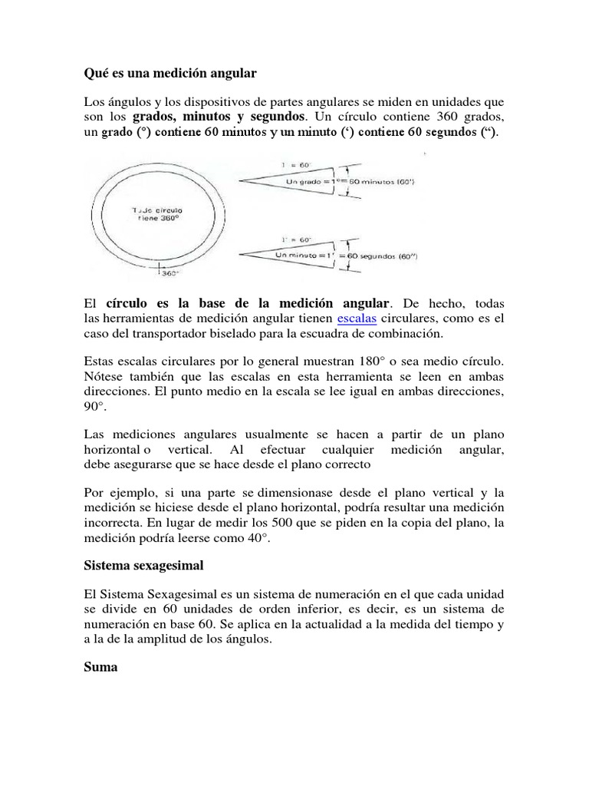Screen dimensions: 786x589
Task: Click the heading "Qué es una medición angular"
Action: click(x=169, y=74)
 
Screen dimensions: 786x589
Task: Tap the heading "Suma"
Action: click(x=100, y=667)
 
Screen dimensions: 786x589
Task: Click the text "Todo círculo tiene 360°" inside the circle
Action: click(x=159, y=213)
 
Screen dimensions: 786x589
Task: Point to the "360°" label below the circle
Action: click(x=169, y=272)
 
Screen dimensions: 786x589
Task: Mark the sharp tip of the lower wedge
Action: click(x=241, y=252)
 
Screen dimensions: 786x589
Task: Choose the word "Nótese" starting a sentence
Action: click(x=101, y=376)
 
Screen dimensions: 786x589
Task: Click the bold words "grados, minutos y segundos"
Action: click(x=219, y=117)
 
